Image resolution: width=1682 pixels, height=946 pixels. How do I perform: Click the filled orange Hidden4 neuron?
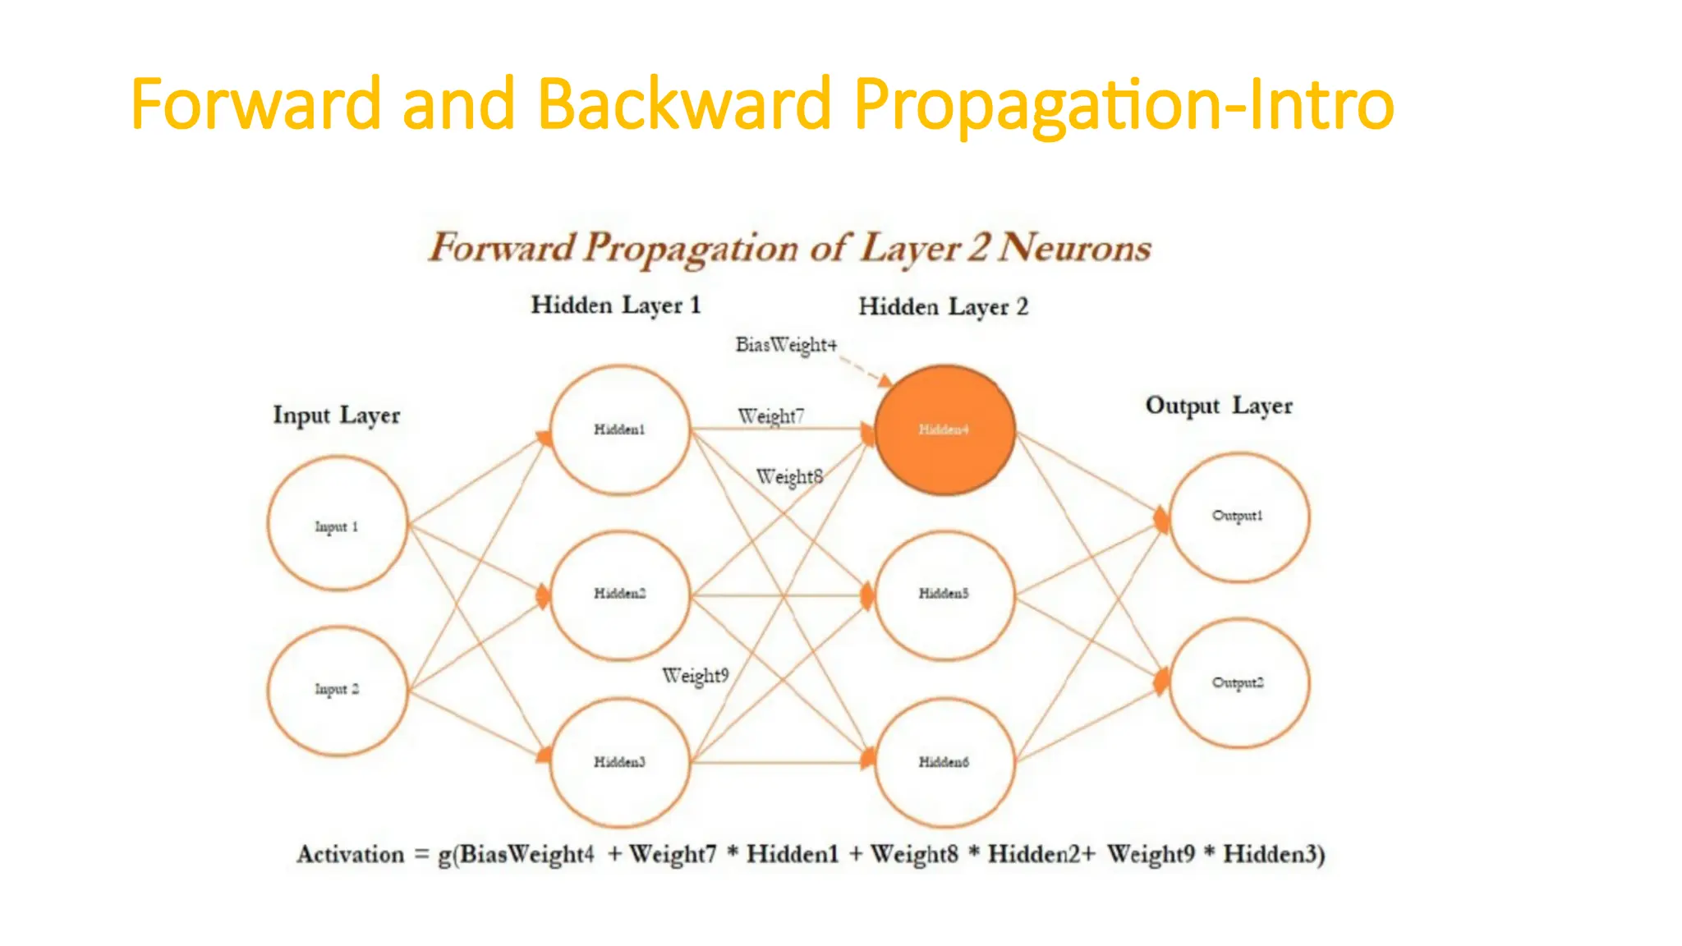(944, 429)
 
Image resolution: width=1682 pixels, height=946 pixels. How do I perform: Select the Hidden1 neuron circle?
(620, 429)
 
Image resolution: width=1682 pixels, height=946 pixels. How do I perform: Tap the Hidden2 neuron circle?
(620, 595)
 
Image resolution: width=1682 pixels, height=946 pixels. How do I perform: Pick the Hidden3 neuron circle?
(620, 762)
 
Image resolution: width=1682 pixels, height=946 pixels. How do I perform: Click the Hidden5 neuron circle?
(944, 595)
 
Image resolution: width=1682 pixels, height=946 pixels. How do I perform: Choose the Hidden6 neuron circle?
(944, 762)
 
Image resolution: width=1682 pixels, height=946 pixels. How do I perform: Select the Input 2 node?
(338, 690)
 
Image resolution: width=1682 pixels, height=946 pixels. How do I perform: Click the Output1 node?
(1239, 517)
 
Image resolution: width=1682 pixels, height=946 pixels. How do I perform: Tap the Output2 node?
(1239, 683)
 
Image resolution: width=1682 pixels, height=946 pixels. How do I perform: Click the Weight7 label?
(770, 416)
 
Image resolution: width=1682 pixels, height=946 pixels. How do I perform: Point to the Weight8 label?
(788, 476)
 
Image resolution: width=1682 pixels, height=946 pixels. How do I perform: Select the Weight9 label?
(695, 676)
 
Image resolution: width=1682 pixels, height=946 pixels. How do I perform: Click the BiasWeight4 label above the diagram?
(786, 345)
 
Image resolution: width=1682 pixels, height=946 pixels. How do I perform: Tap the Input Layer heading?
(337, 416)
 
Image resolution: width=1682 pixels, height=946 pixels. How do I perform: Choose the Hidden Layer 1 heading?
(616, 305)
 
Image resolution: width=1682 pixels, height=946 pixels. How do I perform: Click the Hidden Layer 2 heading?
(943, 307)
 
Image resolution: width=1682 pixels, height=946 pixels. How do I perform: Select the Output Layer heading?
(1219, 406)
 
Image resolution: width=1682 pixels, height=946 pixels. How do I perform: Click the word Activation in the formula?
(351, 855)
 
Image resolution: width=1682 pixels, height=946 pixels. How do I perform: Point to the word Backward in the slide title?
(684, 103)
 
